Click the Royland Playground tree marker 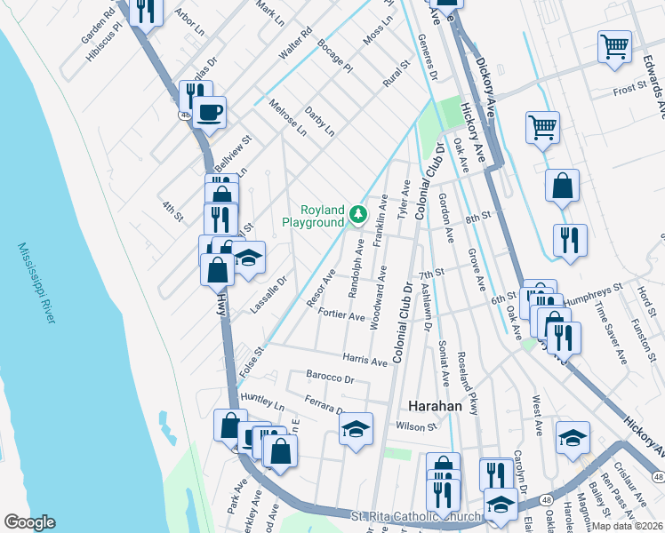click(x=357, y=213)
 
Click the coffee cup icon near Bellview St click(x=210, y=112)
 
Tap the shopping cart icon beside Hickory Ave click(x=542, y=126)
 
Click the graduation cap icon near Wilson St click(x=355, y=431)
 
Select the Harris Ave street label click(x=365, y=361)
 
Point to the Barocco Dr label click(x=330, y=378)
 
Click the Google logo click(x=29, y=522)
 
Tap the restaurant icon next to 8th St click(x=567, y=239)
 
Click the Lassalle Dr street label click(x=270, y=294)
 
